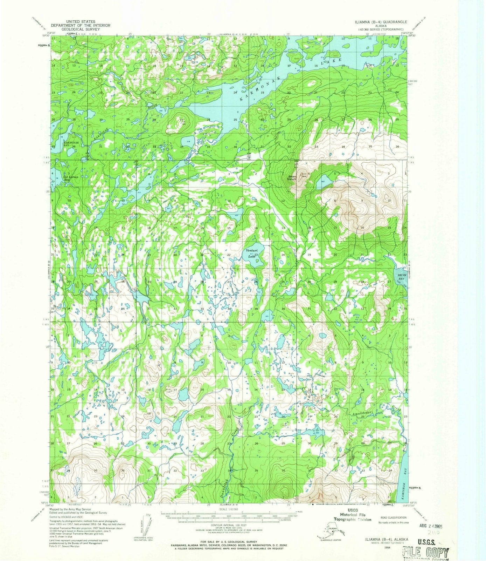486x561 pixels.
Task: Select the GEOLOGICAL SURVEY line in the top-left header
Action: point(81,29)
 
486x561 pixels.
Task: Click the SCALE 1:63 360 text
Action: point(229,509)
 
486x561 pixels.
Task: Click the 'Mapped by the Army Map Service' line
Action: point(70,509)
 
